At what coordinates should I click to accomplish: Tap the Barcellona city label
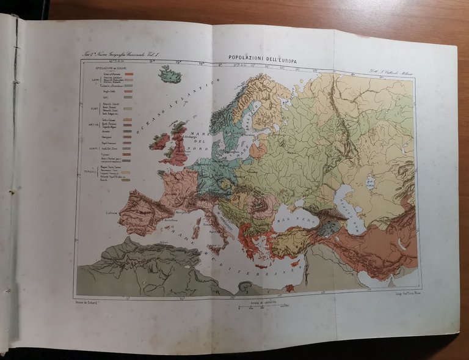pyautogui.click(x=170, y=221)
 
